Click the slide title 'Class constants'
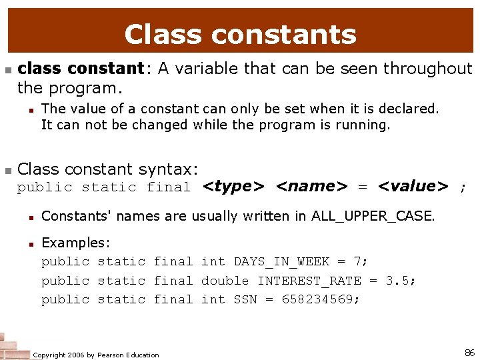240,35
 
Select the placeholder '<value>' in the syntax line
413,187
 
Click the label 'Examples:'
75,243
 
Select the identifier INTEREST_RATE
309,281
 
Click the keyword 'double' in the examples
225,281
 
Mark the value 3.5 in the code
398,281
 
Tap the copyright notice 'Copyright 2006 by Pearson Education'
96,355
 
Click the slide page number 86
469,351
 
